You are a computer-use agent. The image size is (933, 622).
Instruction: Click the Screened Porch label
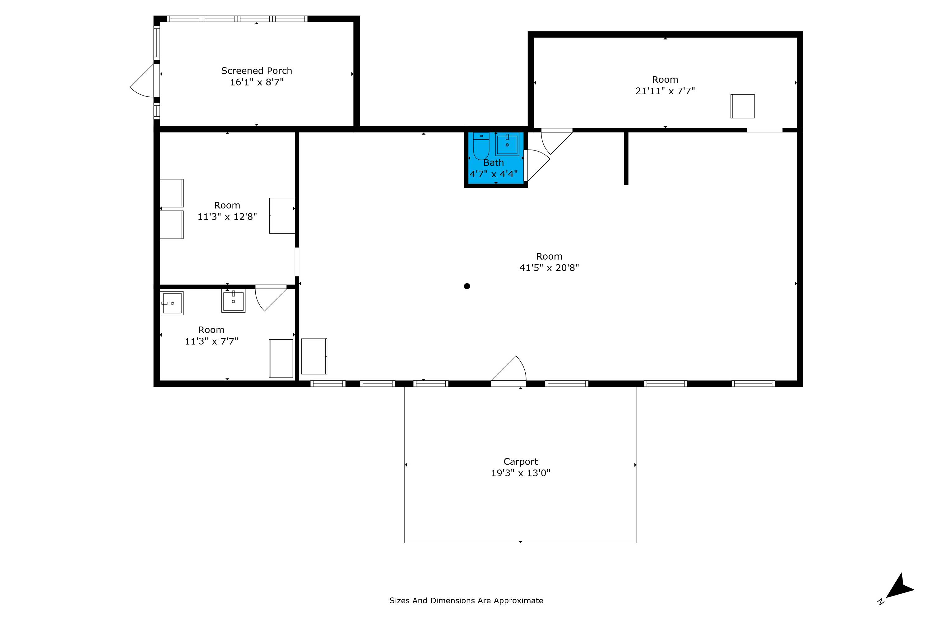tap(256, 71)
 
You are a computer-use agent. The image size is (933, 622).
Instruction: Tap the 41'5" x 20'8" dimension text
tap(549, 268)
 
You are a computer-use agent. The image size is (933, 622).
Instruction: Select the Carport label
tap(520, 462)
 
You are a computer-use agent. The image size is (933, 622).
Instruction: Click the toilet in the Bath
tap(481, 146)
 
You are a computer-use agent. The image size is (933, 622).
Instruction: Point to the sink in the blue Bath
tap(507, 144)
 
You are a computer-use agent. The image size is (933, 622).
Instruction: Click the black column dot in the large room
tap(467, 286)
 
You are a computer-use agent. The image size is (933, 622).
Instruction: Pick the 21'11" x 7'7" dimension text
tap(665, 91)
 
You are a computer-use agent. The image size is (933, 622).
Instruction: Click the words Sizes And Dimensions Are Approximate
tap(466, 601)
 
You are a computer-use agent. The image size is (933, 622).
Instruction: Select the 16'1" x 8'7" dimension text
tap(257, 82)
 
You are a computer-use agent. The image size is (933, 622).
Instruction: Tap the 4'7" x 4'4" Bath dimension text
tap(494, 174)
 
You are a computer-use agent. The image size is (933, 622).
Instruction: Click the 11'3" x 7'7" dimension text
tap(211, 341)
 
